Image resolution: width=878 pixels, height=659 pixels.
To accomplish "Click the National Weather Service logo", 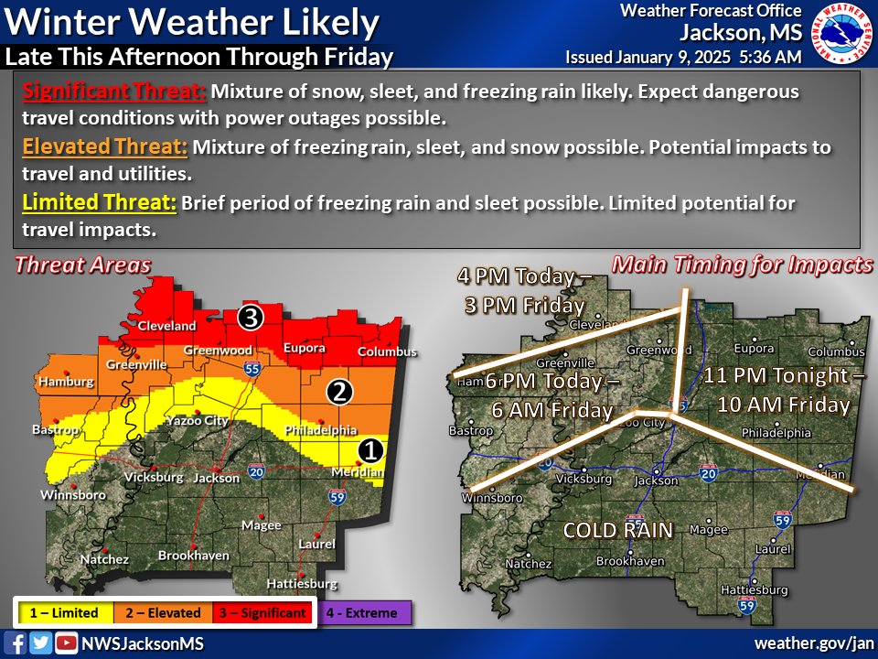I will pyautogui.click(x=842, y=35).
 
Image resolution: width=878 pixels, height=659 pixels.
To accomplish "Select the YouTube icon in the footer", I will pyautogui.click(x=65, y=643).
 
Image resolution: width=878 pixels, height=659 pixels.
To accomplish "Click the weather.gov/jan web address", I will pyautogui.click(x=812, y=643).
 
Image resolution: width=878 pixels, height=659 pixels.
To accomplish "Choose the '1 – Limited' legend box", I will pyautogui.click(x=63, y=613).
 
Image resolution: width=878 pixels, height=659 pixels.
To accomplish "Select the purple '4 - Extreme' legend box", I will pyautogui.click(x=364, y=613).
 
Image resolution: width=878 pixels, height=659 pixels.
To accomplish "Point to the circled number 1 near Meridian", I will pyautogui.click(x=369, y=449).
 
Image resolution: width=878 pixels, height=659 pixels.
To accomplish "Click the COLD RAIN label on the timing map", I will pyautogui.click(x=617, y=530).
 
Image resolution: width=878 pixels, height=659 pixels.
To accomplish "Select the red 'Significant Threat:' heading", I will pyautogui.click(x=114, y=92).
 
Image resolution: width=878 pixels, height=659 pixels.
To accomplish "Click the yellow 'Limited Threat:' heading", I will pyautogui.click(x=99, y=202).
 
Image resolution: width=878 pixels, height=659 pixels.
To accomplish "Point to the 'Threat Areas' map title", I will pyautogui.click(x=82, y=265).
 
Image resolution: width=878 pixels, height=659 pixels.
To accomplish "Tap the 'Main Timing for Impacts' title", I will pyautogui.click(x=742, y=265).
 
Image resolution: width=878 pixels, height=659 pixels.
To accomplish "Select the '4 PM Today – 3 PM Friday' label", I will pyautogui.click(x=524, y=290).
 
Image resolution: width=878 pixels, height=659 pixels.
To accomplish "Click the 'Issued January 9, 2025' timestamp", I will pyautogui.click(x=684, y=57).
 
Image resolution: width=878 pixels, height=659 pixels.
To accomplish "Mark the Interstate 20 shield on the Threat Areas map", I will pyautogui.click(x=255, y=472).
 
